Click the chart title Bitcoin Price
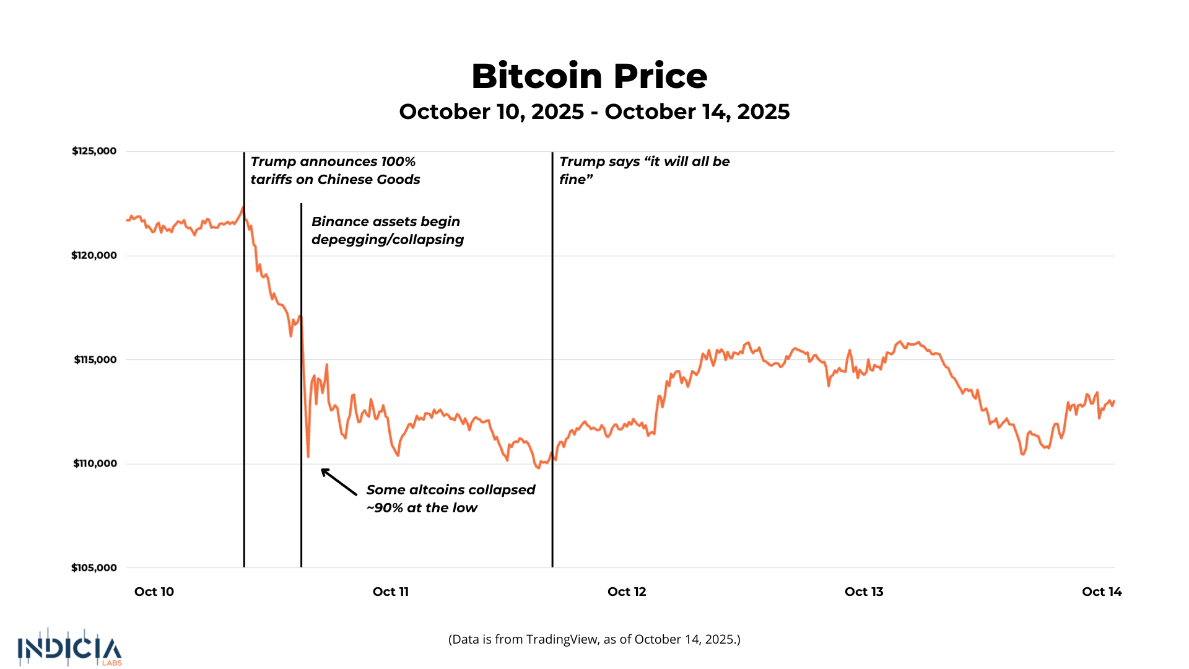coord(589,76)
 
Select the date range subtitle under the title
coord(594,111)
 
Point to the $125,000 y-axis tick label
coord(94,151)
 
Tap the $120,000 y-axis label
coord(94,255)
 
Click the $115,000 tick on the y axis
coord(95,360)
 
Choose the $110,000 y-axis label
coord(95,463)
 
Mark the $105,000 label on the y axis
coord(94,568)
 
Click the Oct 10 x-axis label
coord(154,592)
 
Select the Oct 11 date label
coord(391,592)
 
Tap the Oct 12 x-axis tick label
coord(627,592)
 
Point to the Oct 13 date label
coord(864,592)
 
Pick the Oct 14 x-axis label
coord(1102,592)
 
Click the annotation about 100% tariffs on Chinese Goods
coord(335,170)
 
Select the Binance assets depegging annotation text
coord(388,230)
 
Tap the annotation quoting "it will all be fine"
coord(645,170)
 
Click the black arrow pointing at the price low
coord(339,482)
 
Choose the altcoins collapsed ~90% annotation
coord(451,499)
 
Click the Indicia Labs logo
coord(70,648)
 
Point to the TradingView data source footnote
coord(594,639)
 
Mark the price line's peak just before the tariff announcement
coord(243,208)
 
